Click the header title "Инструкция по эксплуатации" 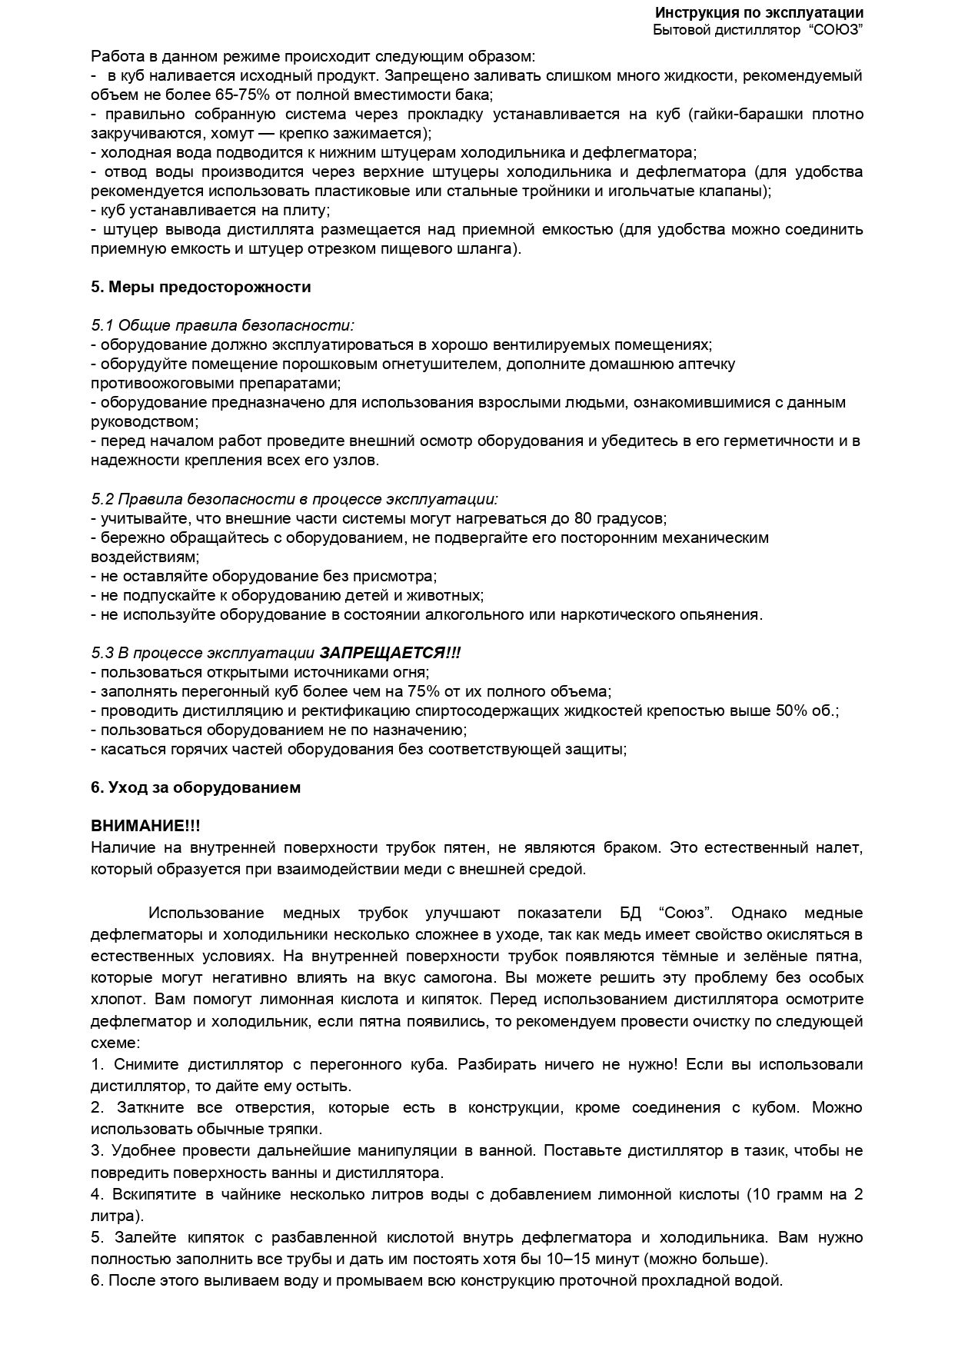[x=758, y=13]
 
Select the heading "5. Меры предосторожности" [x=201, y=287]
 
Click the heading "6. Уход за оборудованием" [x=195, y=787]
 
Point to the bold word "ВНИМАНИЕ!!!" [x=145, y=826]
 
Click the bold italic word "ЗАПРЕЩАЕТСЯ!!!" [x=390, y=653]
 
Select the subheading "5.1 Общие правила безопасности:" [x=222, y=325]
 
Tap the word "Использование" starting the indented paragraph [x=206, y=913]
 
